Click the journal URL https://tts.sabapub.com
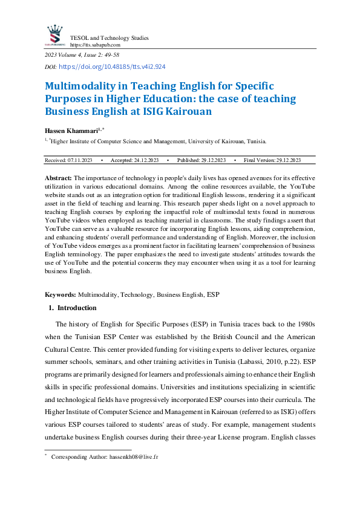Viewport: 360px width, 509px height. pyautogui.click(x=95, y=45)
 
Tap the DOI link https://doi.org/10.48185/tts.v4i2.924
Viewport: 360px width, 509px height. pyautogui.click(x=113, y=67)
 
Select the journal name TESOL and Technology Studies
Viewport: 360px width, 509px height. pyautogui.click(x=109, y=37)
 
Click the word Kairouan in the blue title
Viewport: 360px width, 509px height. pyautogui.click(x=199, y=111)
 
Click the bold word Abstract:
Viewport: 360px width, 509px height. pyautogui.click(x=59, y=178)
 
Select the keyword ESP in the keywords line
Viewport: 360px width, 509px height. pyautogui.click(x=213, y=294)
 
